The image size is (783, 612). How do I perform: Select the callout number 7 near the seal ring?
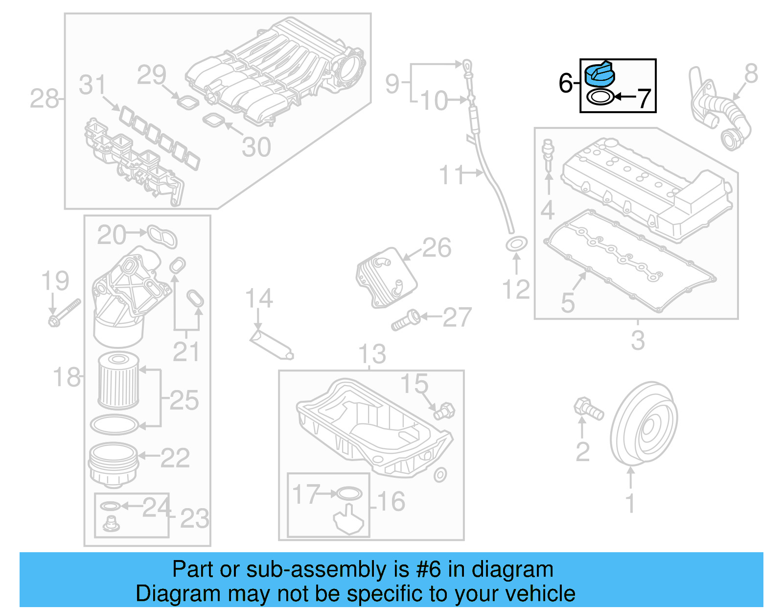point(644,98)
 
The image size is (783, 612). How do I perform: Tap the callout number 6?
point(565,83)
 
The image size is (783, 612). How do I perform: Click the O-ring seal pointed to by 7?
point(599,98)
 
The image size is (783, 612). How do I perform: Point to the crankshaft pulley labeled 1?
point(643,424)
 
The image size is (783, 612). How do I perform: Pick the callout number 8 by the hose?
point(751,74)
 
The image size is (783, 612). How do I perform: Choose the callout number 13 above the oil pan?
point(372,354)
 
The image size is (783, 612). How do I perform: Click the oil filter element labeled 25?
point(118,381)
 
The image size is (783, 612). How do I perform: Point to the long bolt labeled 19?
point(64,313)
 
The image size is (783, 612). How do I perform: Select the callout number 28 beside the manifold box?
point(44,99)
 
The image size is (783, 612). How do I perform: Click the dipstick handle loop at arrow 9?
point(468,65)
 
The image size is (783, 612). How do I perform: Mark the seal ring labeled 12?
point(516,243)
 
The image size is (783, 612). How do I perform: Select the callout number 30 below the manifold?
point(256,147)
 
